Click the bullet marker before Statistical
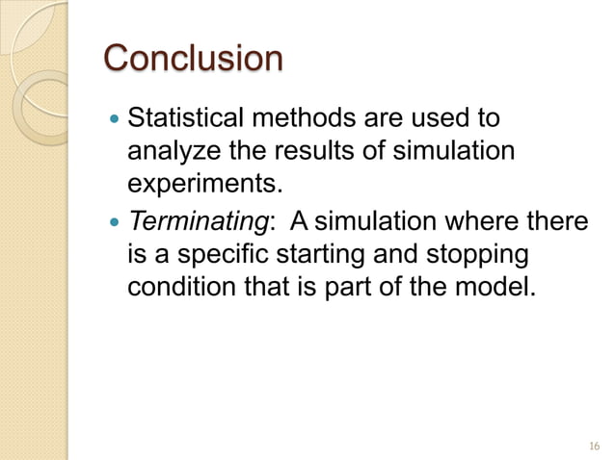point(117,121)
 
